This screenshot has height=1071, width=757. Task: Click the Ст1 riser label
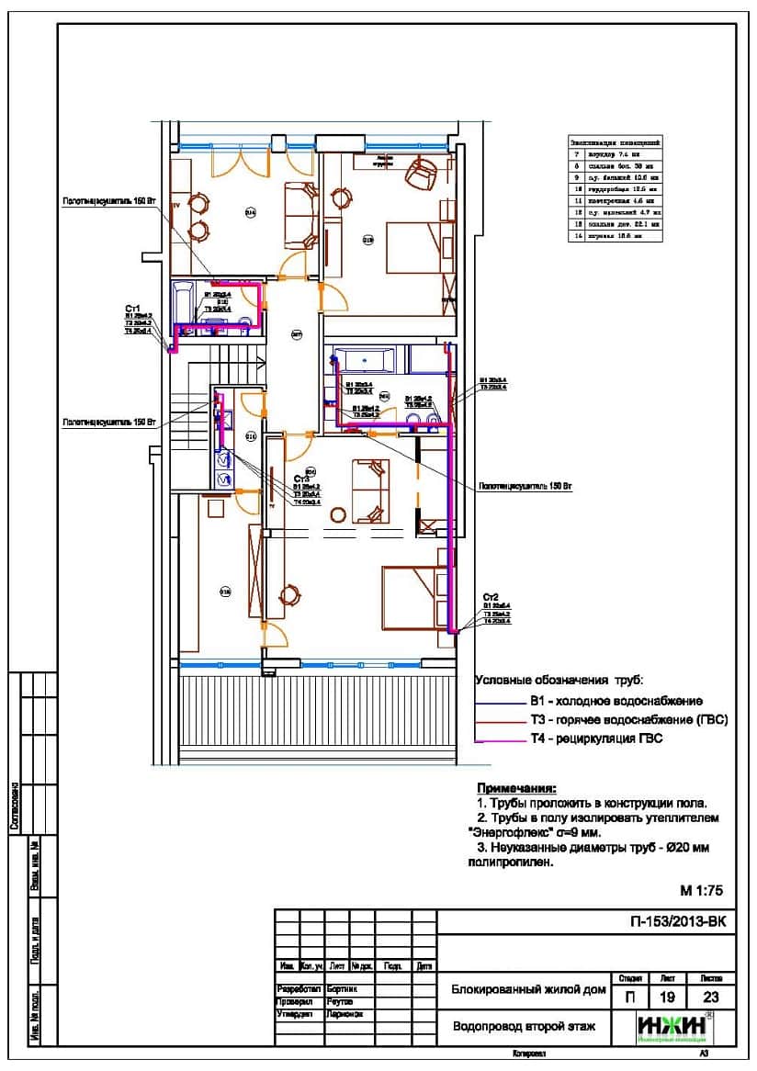(131, 309)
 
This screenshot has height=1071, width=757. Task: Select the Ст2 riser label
(491, 597)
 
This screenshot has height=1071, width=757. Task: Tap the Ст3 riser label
(301, 479)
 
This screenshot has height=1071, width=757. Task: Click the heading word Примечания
(516, 788)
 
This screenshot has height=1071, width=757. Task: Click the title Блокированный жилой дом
(528, 990)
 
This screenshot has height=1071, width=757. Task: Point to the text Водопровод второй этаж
(525, 1026)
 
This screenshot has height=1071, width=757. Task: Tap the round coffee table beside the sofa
(338, 514)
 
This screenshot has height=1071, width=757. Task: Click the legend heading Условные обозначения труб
(559, 681)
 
